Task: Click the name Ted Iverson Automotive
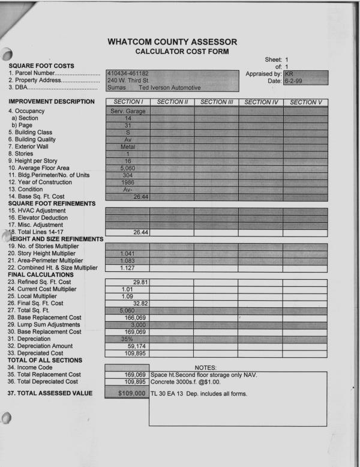(170, 88)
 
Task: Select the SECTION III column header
(215, 102)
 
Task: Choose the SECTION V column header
(305, 102)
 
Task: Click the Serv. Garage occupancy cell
(127, 111)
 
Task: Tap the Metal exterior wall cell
(127, 146)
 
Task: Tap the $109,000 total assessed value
(127, 393)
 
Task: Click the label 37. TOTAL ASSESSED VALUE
(50, 393)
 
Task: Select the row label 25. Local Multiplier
(34, 296)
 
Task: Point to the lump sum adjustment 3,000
(132, 325)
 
